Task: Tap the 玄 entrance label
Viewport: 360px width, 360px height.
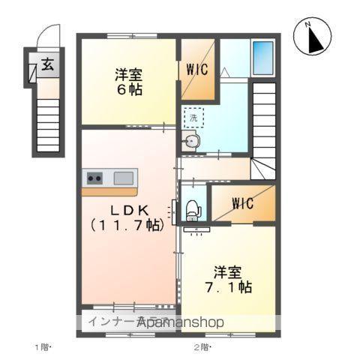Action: [46, 65]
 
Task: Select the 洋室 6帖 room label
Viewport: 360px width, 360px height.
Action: [129, 82]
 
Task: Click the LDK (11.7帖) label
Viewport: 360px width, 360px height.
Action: [126, 216]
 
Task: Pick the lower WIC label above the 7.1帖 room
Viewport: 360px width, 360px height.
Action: [242, 203]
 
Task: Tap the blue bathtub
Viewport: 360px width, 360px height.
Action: [262, 55]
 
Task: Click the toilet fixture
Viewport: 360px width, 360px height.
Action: [191, 208]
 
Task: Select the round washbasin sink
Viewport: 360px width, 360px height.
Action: [193, 140]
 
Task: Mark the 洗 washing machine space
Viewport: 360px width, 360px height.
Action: [193, 118]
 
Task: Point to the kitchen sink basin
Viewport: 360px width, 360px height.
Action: [124, 178]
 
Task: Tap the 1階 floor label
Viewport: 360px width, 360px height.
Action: [41, 346]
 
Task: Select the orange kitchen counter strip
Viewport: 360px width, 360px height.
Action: [109, 191]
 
